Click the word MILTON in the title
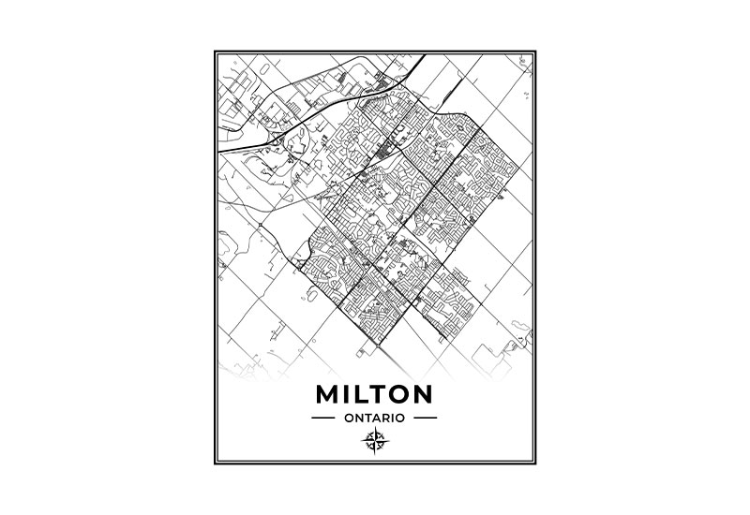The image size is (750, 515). tap(374, 390)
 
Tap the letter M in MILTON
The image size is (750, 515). tap(330, 390)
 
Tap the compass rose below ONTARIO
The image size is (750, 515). tap(374, 440)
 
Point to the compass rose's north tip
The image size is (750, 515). tap(374, 429)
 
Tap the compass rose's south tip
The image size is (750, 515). tap(374, 452)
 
